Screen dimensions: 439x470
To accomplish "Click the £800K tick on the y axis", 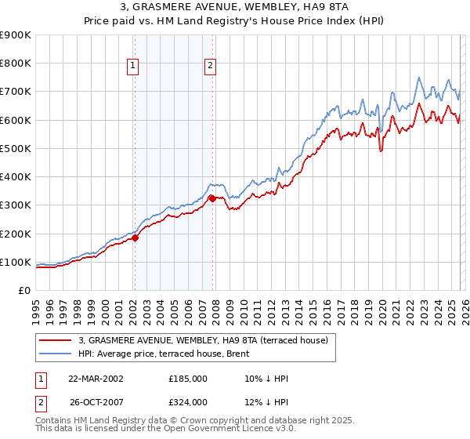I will pos(16,63).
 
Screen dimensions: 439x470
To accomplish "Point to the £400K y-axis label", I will pos(16,177).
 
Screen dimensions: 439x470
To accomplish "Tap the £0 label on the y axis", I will pos(23,291).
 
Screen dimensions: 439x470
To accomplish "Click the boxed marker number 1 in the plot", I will pos(133,67).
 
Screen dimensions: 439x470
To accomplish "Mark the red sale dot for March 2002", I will pos(135,238).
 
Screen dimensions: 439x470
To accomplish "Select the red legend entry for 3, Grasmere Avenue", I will pos(208,340).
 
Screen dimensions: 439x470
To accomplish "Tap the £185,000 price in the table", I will pos(188,379).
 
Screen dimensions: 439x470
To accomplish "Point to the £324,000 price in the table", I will pos(188,402).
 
